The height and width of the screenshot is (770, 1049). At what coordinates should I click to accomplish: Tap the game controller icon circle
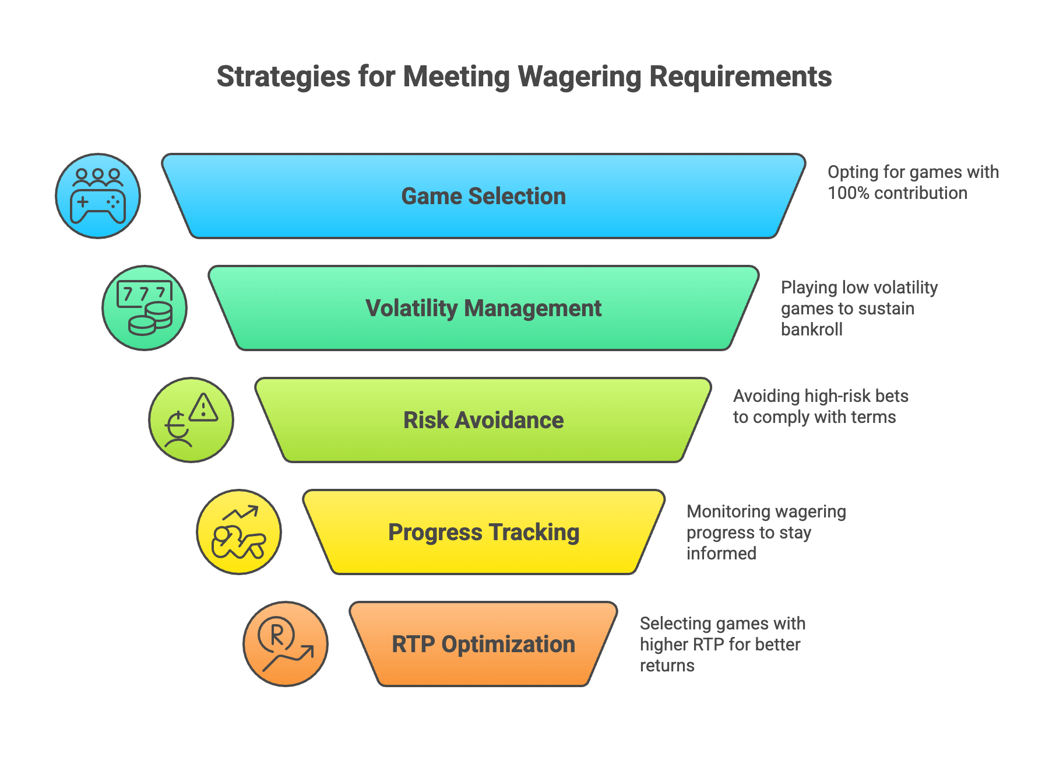click(x=98, y=196)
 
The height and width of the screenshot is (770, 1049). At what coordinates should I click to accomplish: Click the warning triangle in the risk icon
click(x=203, y=408)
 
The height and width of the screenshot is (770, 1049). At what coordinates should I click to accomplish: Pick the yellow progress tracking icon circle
click(x=239, y=532)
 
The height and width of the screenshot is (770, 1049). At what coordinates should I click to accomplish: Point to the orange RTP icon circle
click(x=286, y=644)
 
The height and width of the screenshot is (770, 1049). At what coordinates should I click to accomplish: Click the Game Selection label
click(x=483, y=197)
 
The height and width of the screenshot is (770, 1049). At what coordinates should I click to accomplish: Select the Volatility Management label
click(x=483, y=309)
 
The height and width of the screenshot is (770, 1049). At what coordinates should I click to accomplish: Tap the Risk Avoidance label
click(x=483, y=421)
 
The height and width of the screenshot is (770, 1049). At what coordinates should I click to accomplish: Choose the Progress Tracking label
click(x=483, y=533)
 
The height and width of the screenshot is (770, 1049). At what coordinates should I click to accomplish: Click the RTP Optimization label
click(x=483, y=645)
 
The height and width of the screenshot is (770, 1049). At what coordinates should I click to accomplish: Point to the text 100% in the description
click(x=849, y=193)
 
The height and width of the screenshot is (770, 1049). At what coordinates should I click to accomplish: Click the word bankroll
click(x=811, y=330)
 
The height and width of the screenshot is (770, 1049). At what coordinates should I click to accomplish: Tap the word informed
click(x=721, y=553)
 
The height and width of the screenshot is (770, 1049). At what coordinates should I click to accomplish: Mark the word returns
click(x=667, y=666)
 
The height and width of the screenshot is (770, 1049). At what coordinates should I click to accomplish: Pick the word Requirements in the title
click(x=740, y=77)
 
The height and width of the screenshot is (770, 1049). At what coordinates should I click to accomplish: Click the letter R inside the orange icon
click(x=277, y=634)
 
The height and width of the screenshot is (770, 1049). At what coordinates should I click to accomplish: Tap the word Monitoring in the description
click(x=724, y=512)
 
